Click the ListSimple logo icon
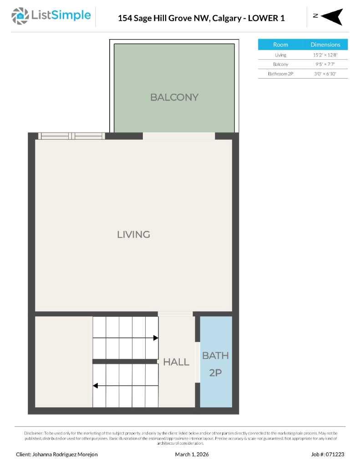click(x=20, y=16)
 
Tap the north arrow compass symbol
click(x=333, y=17)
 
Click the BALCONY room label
click(x=174, y=97)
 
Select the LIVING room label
click(x=133, y=234)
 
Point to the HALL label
click(x=176, y=362)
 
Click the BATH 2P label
click(x=215, y=364)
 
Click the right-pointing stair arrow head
click(x=156, y=338)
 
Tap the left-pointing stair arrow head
click(x=96, y=386)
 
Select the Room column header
click(x=280, y=45)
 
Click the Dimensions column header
click(x=325, y=45)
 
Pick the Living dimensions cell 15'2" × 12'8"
click(x=325, y=55)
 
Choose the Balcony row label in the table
click(x=280, y=64)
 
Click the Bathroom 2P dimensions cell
click(x=325, y=73)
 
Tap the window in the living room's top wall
click(x=71, y=136)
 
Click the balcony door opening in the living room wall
click(x=178, y=136)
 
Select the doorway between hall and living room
click(x=175, y=314)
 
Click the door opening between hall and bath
click(x=198, y=362)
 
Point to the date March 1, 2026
click(x=192, y=454)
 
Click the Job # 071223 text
click(x=327, y=454)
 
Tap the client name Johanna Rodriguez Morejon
click(x=56, y=454)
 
